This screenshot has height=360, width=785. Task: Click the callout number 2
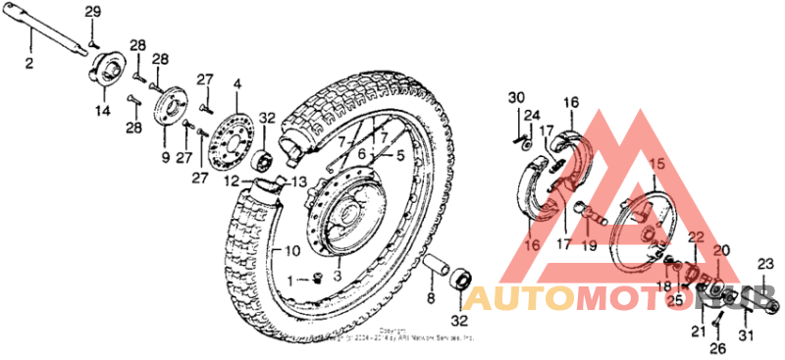tap(28, 63)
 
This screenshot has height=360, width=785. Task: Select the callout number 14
tap(102, 112)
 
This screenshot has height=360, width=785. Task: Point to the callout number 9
tap(165, 156)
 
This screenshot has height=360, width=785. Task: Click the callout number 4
tap(235, 86)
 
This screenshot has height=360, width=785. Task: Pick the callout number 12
tap(231, 180)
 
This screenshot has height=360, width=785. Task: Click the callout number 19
tap(590, 246)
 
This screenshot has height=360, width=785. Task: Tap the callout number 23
tap(765, 263)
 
